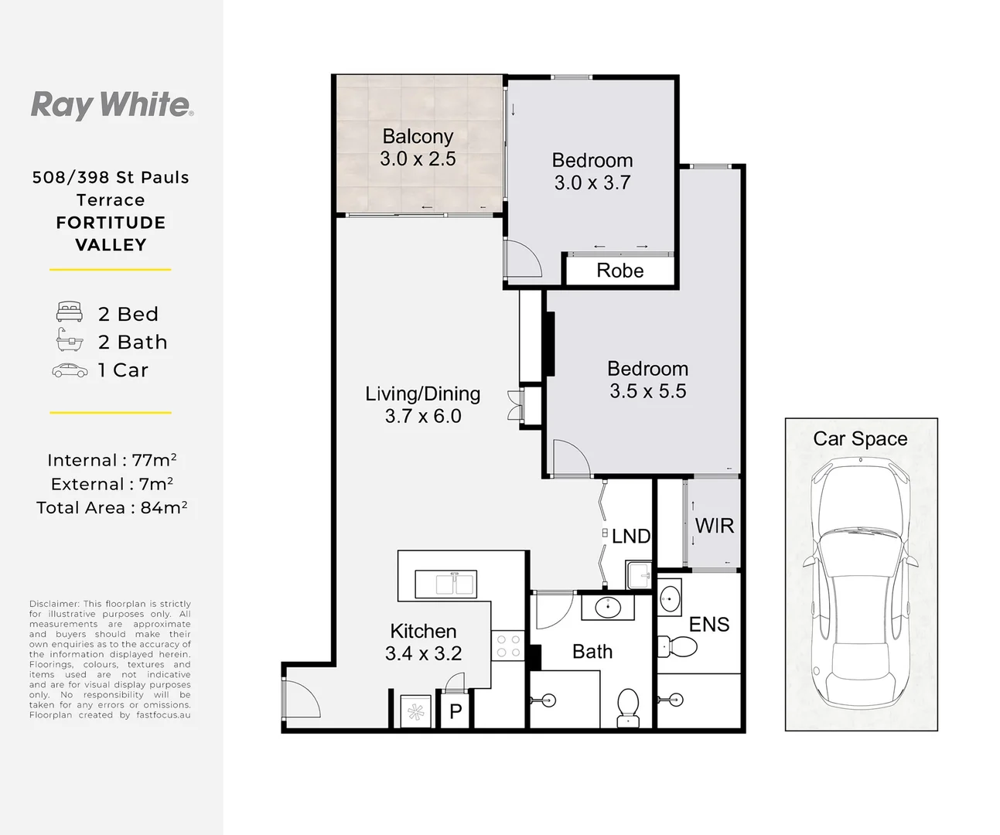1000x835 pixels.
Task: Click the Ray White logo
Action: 111,104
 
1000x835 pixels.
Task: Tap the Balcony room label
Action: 418,137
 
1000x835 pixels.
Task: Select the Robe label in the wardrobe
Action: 619,271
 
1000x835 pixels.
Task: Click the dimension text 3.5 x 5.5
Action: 647,391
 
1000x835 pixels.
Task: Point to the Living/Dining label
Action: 422,394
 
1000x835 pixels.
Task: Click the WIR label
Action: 714,526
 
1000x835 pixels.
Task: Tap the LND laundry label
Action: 631,536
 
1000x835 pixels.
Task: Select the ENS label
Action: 709,625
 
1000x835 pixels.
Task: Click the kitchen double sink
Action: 445,583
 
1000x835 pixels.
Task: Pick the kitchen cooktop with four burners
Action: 508,646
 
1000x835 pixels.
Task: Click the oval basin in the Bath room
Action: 608,608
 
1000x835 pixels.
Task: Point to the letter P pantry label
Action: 456,712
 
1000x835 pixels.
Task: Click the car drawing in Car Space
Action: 861,584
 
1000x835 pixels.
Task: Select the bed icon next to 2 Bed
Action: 70,312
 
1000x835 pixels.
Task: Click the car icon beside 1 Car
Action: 70,370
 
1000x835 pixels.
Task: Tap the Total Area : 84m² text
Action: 111,508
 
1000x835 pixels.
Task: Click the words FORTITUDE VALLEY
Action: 111,233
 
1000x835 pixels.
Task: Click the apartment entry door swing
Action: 302,700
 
